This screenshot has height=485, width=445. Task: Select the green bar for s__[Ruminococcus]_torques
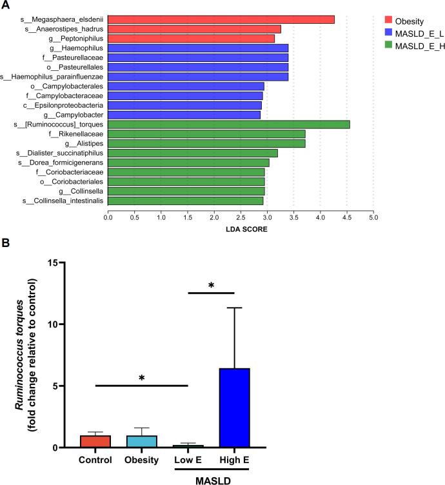tap(228, 124)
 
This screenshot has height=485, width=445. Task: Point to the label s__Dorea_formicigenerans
tap(61, 163)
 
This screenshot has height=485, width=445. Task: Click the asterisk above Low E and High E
tap(210, 285)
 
